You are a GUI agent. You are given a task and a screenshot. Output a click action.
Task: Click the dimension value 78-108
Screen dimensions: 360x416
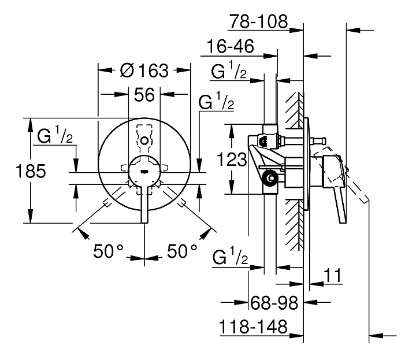tap(258, 22)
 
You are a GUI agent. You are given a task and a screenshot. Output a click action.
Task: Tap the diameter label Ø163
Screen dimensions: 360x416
tap(144, 70)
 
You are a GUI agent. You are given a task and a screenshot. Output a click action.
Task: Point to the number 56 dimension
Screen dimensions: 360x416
tap(144, 94)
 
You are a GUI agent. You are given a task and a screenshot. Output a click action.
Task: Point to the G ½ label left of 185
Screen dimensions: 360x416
tap(55, 136)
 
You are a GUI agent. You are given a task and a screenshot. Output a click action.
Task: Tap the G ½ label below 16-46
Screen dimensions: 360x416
tap(229, 72)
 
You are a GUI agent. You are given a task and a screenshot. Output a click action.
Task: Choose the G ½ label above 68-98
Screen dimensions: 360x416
tap(229, 258)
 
